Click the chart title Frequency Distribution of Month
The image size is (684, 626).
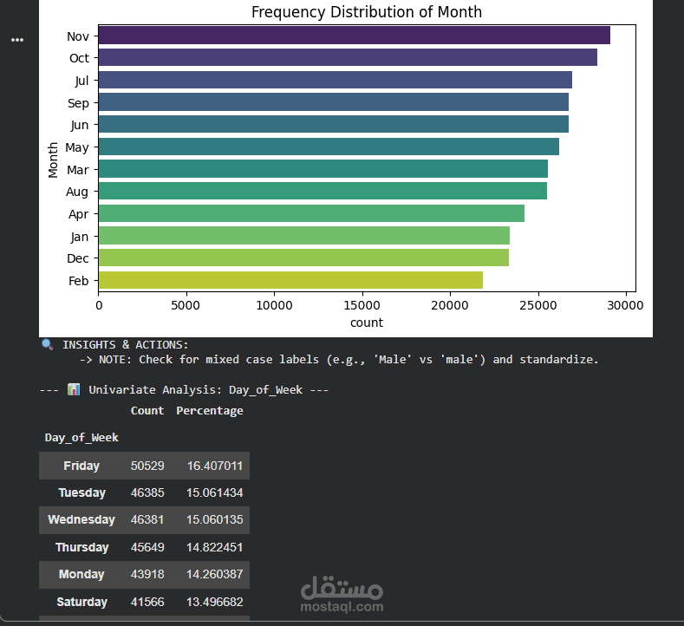click(366, 12)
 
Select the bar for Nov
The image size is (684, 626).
click(354, 36)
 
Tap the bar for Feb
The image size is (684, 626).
click(290, 280)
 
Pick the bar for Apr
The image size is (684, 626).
click(310, 213)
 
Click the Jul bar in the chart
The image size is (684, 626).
click(335, 81)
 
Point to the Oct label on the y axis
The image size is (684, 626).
click(79, 58)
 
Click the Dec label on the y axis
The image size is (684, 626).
click(78, 258)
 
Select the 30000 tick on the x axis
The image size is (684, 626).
click(624, 306)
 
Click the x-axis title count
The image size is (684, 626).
click(366, 323)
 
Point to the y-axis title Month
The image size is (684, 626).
click(54, 159)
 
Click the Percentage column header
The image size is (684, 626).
click(210, 411)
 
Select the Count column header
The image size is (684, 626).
click(147, 411)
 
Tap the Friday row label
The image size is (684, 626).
click(81, 466)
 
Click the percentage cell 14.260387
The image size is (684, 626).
click(214, 574)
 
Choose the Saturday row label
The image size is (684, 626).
click(82, 602)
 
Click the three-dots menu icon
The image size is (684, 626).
click(17, 40)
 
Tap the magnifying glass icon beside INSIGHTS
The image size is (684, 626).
click(47, 344)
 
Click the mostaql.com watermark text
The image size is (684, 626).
click(342, 607)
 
